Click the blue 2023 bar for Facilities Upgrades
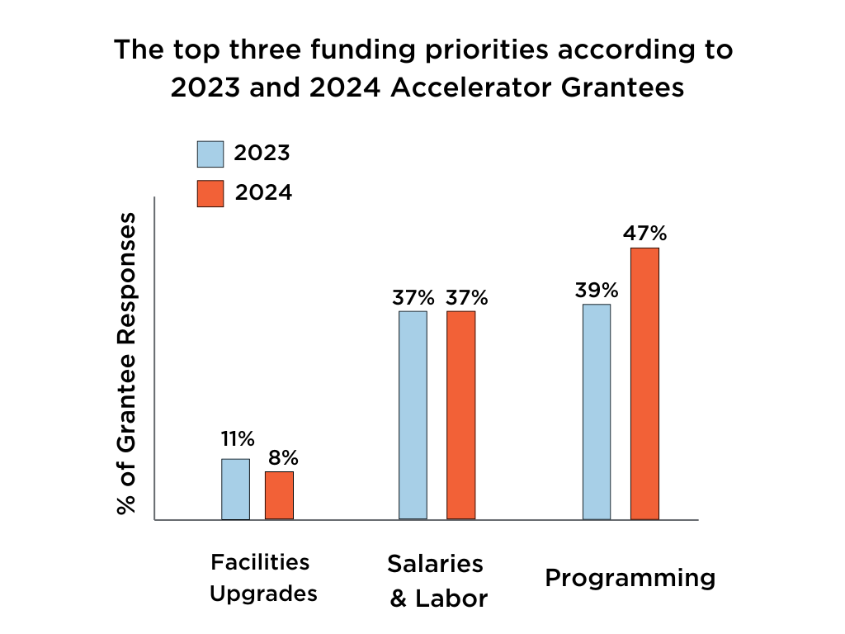235,489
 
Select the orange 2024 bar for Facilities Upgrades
279,495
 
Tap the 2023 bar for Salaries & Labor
413,414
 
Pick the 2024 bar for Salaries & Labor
460,414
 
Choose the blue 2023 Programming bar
597,411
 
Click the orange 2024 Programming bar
644,383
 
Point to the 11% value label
237,438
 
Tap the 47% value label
644,234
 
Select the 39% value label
597,290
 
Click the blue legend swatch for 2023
210,154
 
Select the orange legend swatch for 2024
210,193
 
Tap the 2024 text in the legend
263,193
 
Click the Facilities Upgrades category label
262,578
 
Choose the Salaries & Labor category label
437,581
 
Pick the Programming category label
630,578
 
